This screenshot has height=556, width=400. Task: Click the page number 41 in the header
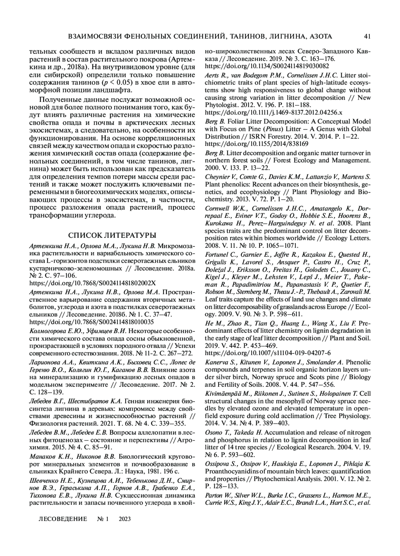pos(368,36)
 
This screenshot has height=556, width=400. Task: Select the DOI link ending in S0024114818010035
pos(92,322)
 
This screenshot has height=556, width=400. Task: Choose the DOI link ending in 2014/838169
pos(256,144)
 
